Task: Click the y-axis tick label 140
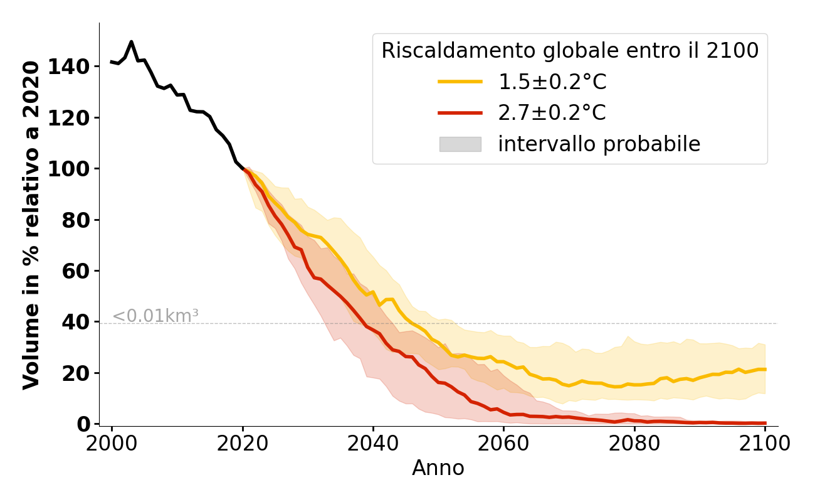(x=74, y=67)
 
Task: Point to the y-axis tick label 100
(x=74, y=169)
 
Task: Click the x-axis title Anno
(x=438, y=468)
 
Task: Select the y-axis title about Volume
(x=31, y=225)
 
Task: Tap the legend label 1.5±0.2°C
(x=552, y=82)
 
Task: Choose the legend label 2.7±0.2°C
(x=552, y=113)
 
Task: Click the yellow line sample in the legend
(x=460, y=82)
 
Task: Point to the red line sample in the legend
(x=460, y=113)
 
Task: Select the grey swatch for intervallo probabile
(x=460, y=144)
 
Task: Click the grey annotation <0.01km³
(x=155, y=316)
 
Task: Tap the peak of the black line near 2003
(x=131, y=42)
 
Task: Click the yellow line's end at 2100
(x=765, y=370)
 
